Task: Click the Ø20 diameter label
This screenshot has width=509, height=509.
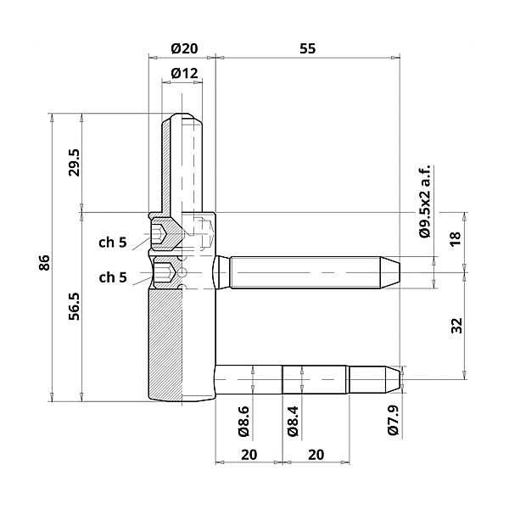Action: tap(184, 48)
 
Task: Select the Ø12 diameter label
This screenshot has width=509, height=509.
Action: tap(184, 74)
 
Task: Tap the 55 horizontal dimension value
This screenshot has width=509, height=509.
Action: tap(307, 48)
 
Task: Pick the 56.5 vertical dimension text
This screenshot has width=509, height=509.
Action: tap(74, 305)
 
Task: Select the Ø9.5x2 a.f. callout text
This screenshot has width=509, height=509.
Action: tap(426, 200)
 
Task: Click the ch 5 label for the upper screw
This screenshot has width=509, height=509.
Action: tap(112, 242)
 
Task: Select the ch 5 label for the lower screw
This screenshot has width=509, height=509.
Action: tap(112, 277)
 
